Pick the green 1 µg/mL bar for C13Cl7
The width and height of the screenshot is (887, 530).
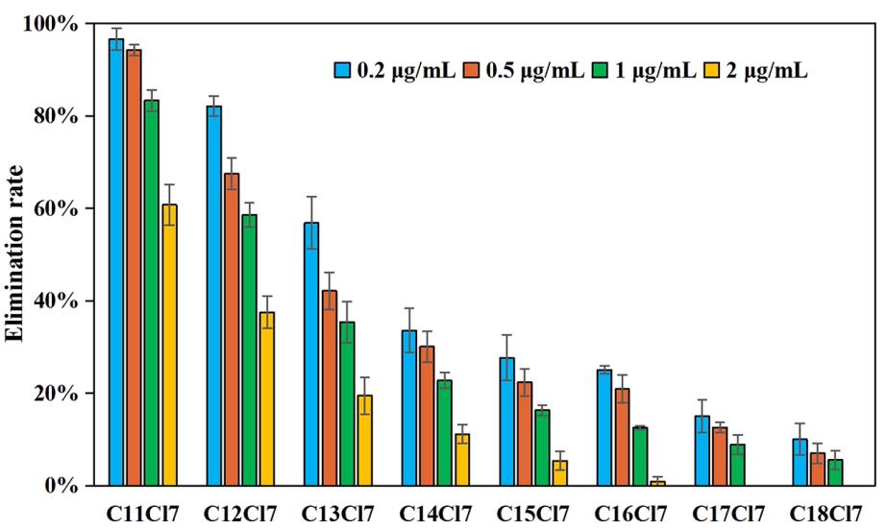(x=347, y=403)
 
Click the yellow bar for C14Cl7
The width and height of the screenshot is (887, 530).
(x=462, y=460)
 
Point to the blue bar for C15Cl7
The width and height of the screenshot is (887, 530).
(x=506, y=422)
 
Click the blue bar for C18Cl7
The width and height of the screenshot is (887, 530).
(x=800, y=462)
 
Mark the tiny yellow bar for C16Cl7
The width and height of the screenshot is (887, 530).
(x=657, y=483)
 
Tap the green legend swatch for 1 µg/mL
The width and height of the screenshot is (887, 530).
(x=604, y=70)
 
